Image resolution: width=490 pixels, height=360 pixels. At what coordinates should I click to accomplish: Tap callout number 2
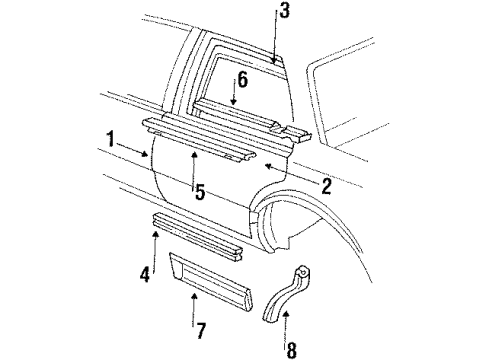point(327,184)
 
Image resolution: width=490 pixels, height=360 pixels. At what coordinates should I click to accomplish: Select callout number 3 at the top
point(285,13)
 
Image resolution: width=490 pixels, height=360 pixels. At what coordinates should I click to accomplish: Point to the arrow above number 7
point(195,303)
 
